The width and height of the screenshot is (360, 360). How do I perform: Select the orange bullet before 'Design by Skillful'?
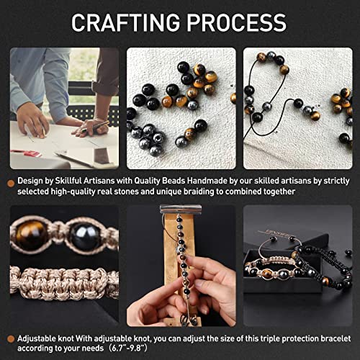click(10, 180)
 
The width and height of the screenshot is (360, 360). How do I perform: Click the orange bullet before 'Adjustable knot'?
click(10, 337)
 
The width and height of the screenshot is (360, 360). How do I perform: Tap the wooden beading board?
click(171, 274)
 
